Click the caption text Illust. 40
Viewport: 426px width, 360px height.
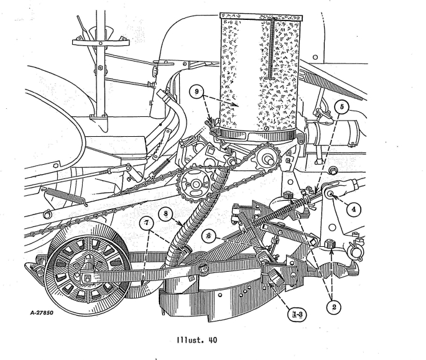pos(213,341)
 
